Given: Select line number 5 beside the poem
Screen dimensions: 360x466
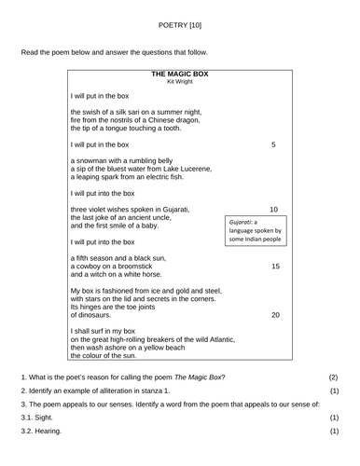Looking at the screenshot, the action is [273, 144].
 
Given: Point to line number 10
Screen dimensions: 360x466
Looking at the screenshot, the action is [273, 210].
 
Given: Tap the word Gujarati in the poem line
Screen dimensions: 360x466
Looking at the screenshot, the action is [173, 210].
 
